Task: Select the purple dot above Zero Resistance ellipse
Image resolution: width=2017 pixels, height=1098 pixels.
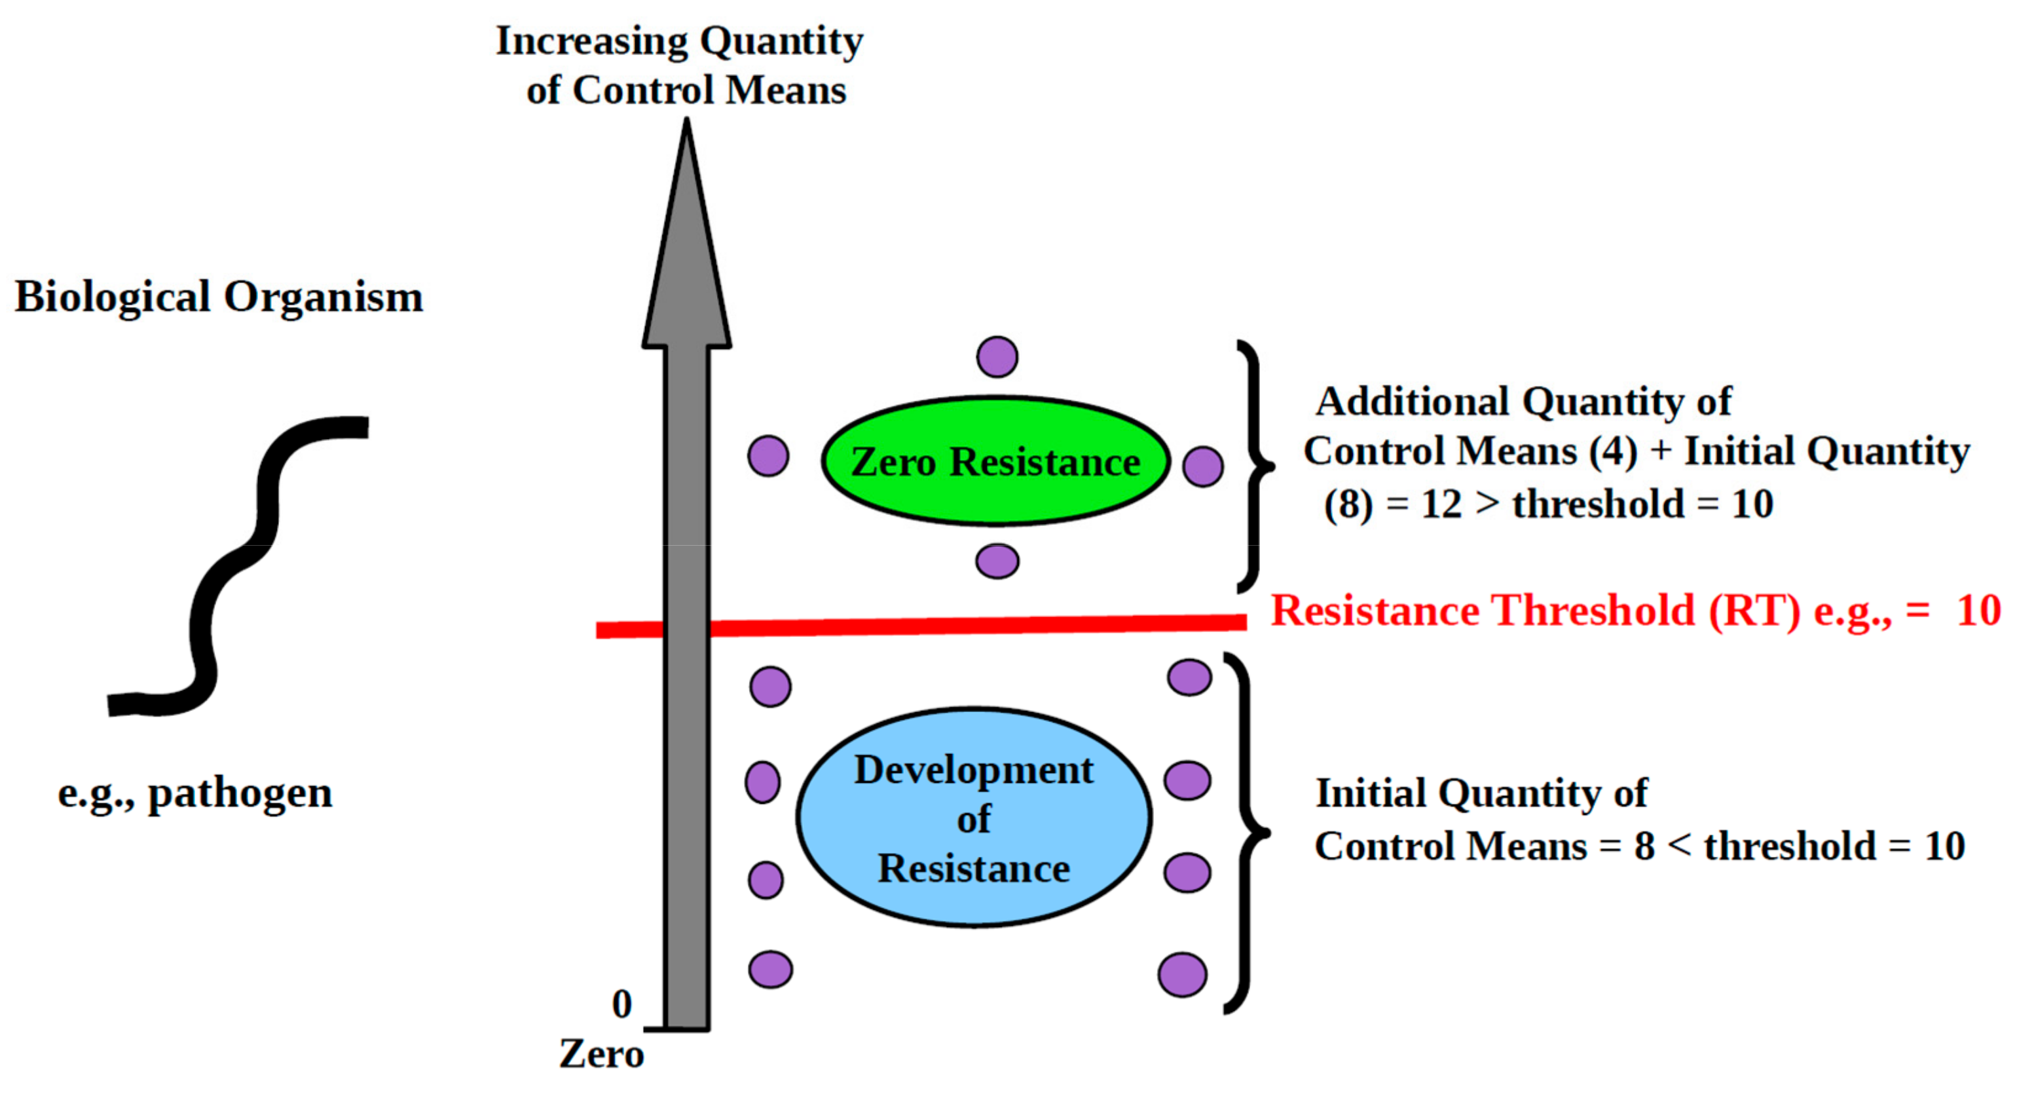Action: pos(997,357)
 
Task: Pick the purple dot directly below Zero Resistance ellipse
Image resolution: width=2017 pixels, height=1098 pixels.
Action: pos(997,561)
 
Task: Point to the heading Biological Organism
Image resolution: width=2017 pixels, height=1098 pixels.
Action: pos(219,297)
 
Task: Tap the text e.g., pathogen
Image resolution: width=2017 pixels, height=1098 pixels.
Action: pos(195,793)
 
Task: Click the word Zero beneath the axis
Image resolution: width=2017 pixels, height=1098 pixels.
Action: pos(601,1053)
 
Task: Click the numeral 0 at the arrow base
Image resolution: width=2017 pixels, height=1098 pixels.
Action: pos(621,1004)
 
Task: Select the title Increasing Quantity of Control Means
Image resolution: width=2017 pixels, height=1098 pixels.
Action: pos(680,64)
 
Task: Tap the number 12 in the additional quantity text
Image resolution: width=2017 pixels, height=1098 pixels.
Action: pos(1441,504)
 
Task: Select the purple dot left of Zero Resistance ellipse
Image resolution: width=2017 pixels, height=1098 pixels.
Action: pos(768,456)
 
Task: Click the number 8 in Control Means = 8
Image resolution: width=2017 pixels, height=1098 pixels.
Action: pos(1644,846)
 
